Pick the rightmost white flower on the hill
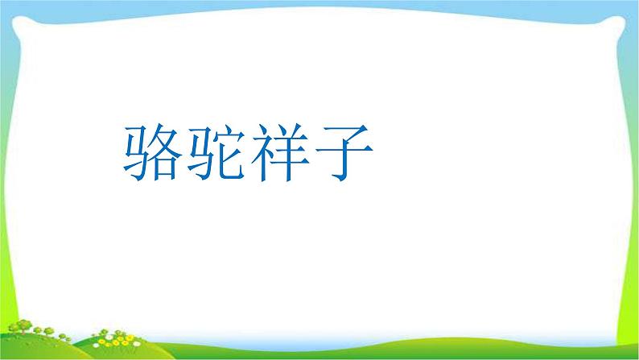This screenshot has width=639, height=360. pyautogui.click(x=138, y=343)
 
